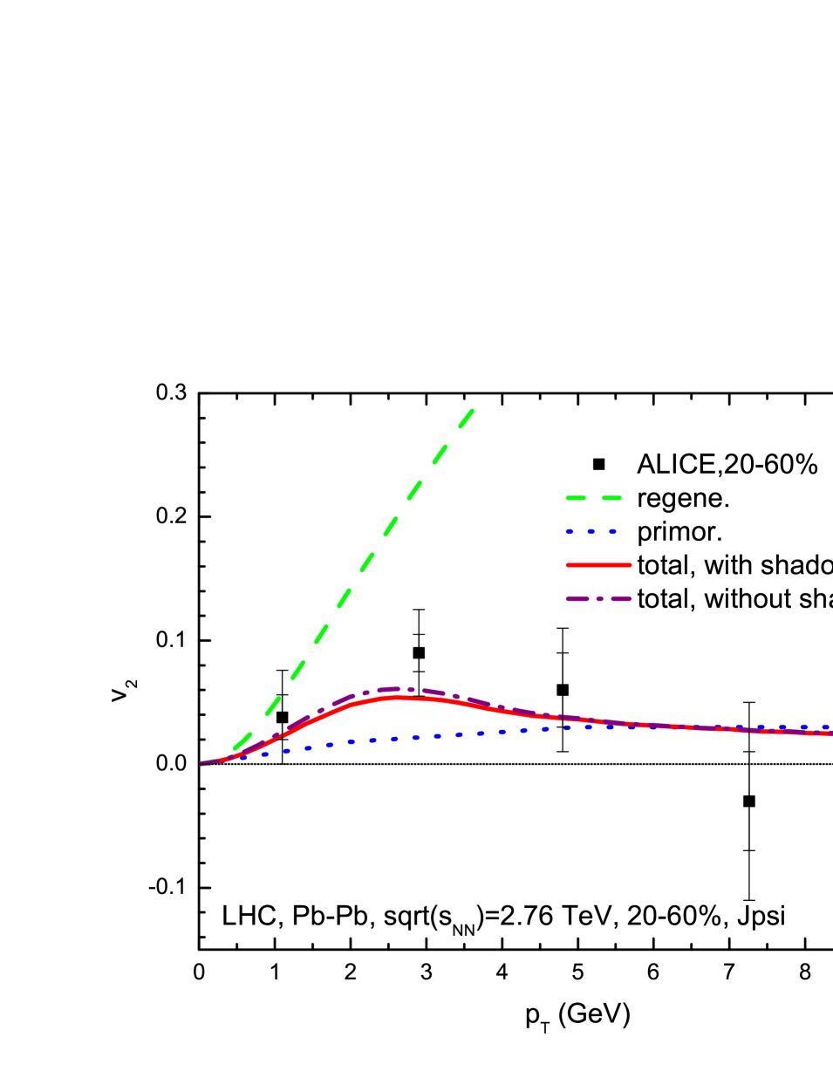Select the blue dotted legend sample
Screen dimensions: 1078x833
tap(591, 531)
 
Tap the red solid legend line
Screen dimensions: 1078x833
tap(598, 565)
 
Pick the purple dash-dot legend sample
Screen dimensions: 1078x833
tap(598, 599)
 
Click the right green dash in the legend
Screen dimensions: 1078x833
tap(611, 498)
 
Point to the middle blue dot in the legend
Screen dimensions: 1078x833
tap(591, 531)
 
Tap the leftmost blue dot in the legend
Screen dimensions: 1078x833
tap(570, 531)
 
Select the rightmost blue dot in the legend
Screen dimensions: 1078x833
tap(612, 531)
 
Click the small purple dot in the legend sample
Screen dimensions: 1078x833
tap(599, 599)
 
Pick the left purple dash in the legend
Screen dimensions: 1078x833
tap(577, 599)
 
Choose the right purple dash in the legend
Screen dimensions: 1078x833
tap(620, 599)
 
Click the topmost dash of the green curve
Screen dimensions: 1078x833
tap(467, 418)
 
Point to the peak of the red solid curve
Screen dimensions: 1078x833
tap(399, 697)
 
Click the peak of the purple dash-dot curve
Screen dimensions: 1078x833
tap(397, 688)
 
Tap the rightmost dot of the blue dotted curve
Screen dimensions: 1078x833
tap(825, 727)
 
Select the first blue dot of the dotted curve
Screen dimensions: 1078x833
tap(244, 757)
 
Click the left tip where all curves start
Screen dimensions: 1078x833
tap(201, 764)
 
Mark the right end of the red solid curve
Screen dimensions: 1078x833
tap(830, 733)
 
